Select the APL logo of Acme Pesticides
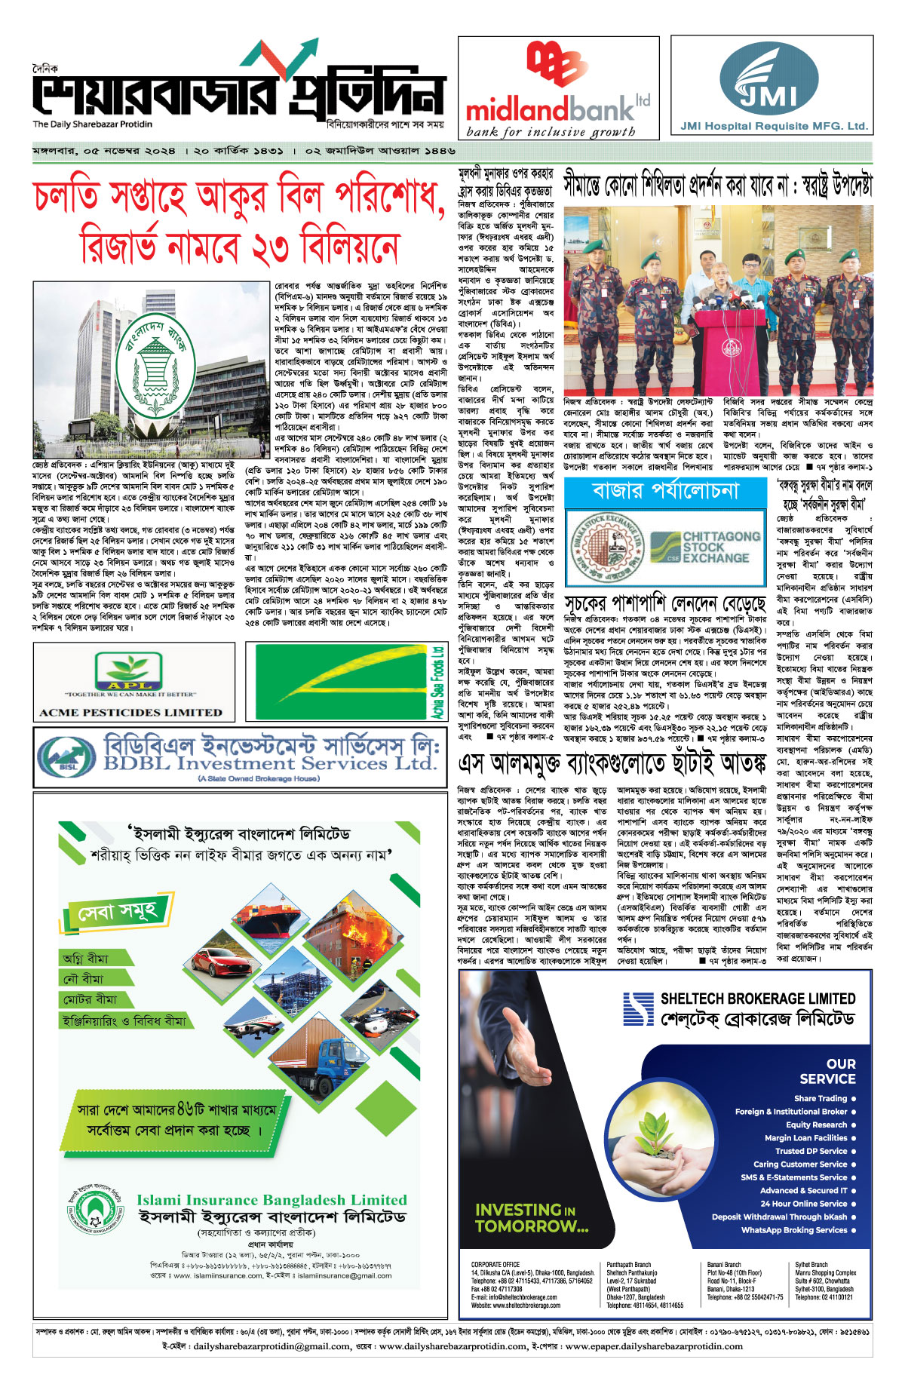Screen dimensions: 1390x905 click(128, 671)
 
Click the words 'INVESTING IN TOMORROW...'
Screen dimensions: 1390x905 click(531, 1218)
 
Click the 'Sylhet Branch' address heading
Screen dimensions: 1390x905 click(811, 1265)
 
